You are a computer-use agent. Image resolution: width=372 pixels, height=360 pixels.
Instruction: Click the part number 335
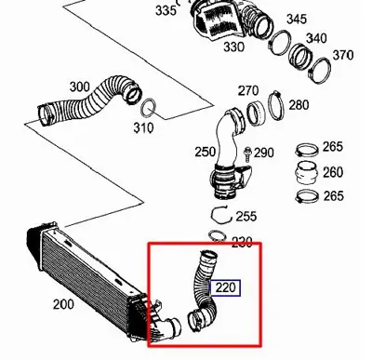[x=166, y=10]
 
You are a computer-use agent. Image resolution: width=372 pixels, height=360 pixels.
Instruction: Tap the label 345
[x=297, y=20]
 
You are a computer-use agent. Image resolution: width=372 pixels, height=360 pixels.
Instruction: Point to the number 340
[x=316, y=38]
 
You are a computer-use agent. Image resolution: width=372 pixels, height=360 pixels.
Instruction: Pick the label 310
[x=143, y=127]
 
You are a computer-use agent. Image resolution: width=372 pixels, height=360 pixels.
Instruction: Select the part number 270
[x=248, y=90]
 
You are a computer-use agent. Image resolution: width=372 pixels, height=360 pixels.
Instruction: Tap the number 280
[x=299, y=105]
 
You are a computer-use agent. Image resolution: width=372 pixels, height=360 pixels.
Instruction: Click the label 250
[x=204, y=151]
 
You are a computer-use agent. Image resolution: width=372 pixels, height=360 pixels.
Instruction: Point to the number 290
[x=264, y=153]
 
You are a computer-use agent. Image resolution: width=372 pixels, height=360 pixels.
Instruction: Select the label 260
[x=332, y=172]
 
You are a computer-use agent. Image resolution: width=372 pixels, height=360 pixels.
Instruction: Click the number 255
[x=246, y=216]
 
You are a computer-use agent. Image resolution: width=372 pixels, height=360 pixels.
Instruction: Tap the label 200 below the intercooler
[x=64, y=304]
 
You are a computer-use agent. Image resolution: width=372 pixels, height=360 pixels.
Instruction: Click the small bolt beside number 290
[x=247, y=152]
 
